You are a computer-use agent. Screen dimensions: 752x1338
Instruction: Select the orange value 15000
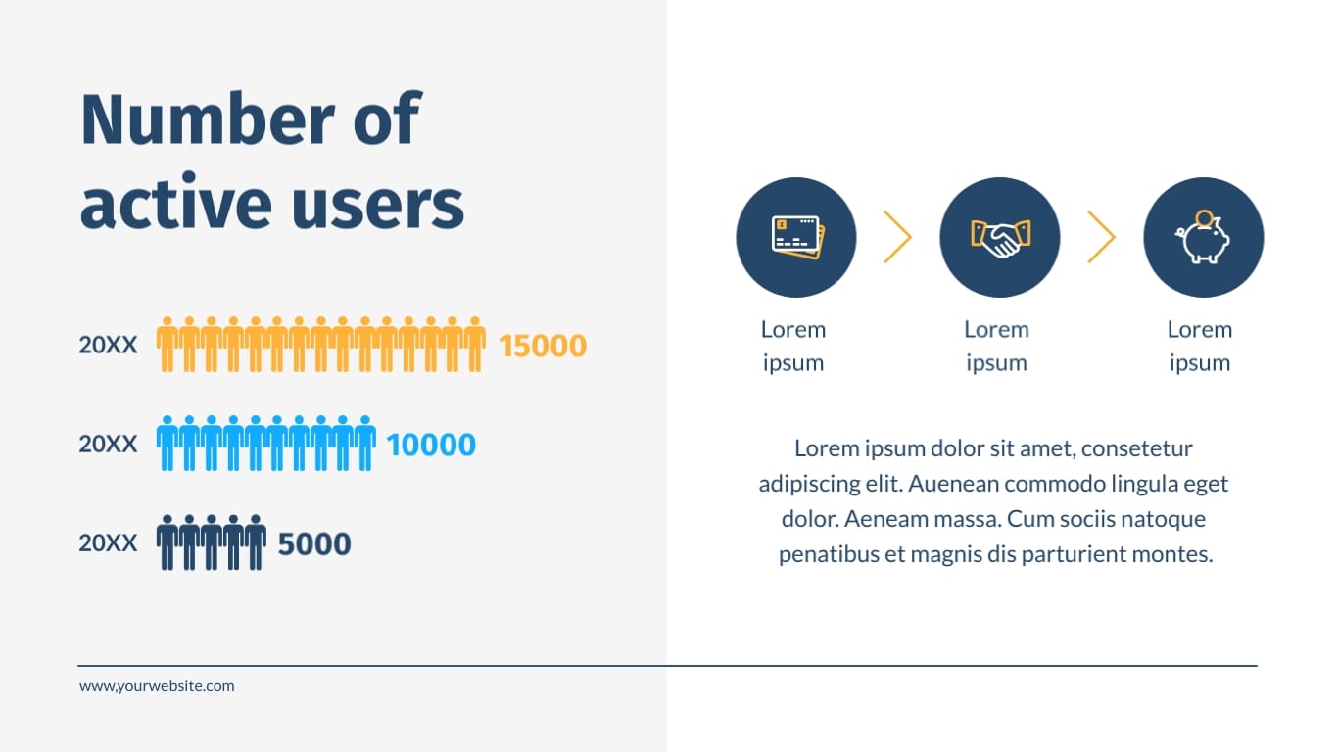coord(543,346)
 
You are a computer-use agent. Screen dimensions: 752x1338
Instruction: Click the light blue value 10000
coord(431,445)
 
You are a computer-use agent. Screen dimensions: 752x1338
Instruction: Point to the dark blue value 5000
coord(314,543)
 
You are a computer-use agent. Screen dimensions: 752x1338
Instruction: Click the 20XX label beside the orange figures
coord(108,346)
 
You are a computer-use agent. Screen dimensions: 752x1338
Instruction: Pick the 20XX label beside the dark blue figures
coord(108,543)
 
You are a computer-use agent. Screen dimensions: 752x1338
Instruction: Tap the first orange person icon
coord(167,345)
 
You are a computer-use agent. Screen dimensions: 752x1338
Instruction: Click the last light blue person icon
coord(365,444)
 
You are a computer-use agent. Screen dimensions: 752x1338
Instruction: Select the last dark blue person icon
coord(256,542)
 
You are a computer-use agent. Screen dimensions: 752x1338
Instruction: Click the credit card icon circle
coord(795,237)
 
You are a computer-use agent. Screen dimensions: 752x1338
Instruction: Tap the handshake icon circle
coord(999,237)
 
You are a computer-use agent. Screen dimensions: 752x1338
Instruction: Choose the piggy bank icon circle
coord(1203,237)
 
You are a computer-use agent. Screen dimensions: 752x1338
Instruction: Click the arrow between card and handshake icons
coord(897,237)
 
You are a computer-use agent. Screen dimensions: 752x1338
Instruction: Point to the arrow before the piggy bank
coord(1101,237)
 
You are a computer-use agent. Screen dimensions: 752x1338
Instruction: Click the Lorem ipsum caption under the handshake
coord(996,346)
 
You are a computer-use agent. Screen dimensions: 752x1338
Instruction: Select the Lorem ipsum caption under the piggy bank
coord(1199,346)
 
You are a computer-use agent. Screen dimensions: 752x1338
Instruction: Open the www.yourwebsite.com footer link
coord(157,686)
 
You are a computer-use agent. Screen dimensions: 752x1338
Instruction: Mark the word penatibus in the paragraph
coord(829,554)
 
